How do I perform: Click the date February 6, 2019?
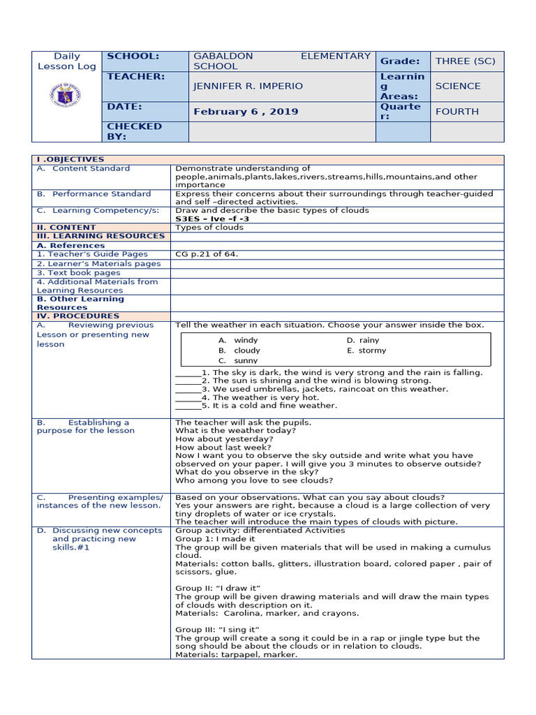(x=246, y=112)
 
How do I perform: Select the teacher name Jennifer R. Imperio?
(x=248, y=86)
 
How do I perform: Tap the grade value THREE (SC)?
(x=465, y=61)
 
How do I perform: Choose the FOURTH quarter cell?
(x=457, y=112)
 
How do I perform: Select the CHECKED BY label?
(x=133, y=131)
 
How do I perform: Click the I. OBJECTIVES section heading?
(x=70, y=160)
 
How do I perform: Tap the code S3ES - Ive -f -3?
(x=212, y=219)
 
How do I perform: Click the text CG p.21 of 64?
(x=207, y=254)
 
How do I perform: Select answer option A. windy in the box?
(x=237, y=340)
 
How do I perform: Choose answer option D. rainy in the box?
(x=363, y=340)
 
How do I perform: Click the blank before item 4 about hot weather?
(x=187, y=397)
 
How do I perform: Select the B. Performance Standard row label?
(x=94, y=194)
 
